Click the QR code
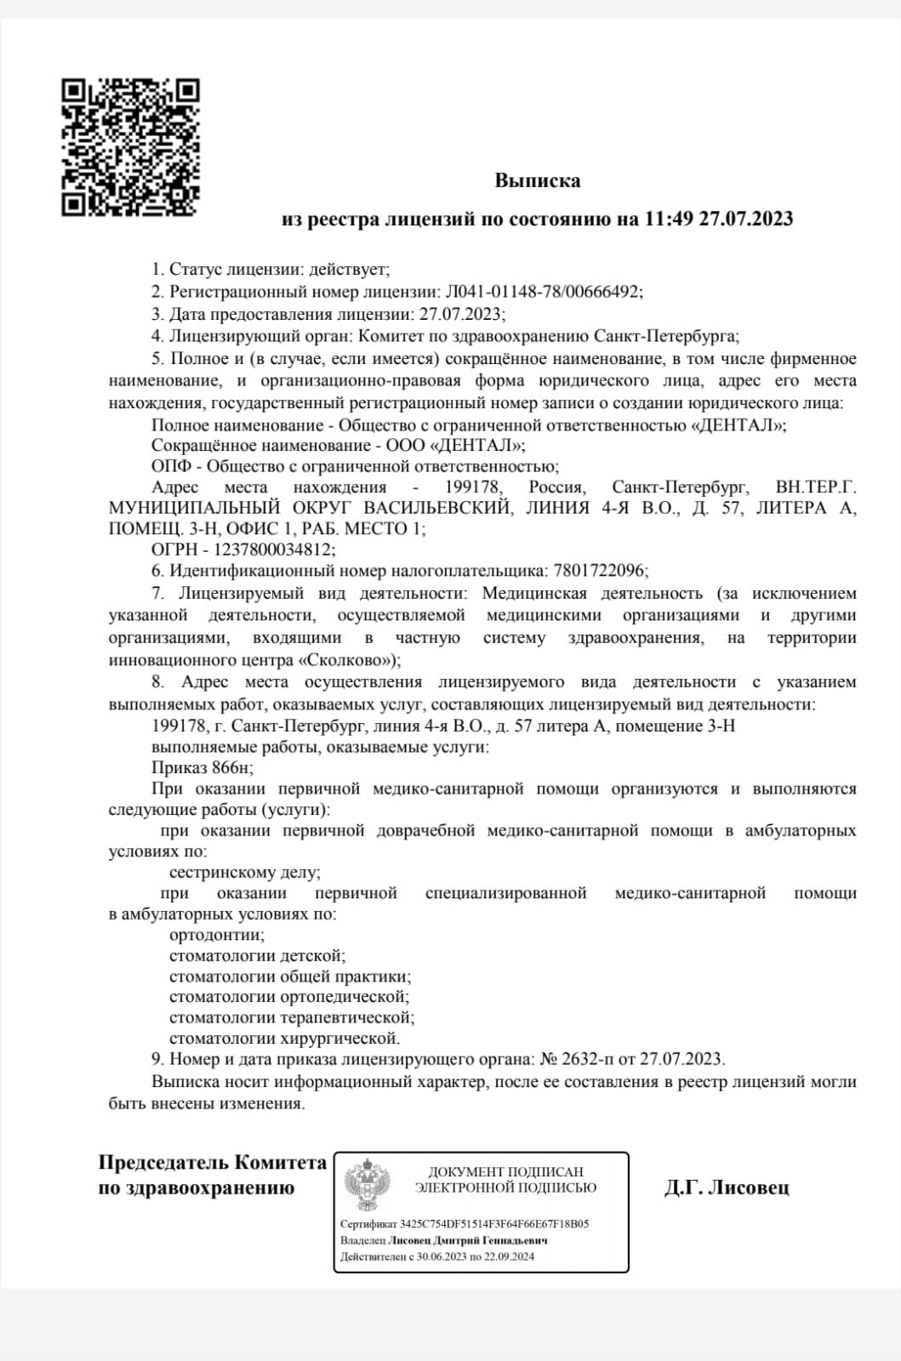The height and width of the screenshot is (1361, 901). [x=130, y=146]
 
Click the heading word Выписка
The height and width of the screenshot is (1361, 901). [x=538, y=181]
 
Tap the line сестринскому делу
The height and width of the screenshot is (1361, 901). [x=245, y=873]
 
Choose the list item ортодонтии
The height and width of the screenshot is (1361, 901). [x=216, y=935]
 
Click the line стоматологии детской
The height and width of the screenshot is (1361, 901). [x=257, y=956]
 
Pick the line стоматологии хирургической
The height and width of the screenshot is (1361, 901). [x=284, y=1039]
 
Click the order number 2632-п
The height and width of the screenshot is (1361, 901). [x=588, y=1060]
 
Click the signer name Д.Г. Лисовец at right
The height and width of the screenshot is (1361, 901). [x=727, y=1187]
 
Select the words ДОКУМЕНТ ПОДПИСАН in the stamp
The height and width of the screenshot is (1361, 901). [x=505, y=1172]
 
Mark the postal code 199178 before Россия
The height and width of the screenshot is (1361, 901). [x=474, y=488]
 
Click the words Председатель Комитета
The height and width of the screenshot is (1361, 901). [x=213, y=1163]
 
